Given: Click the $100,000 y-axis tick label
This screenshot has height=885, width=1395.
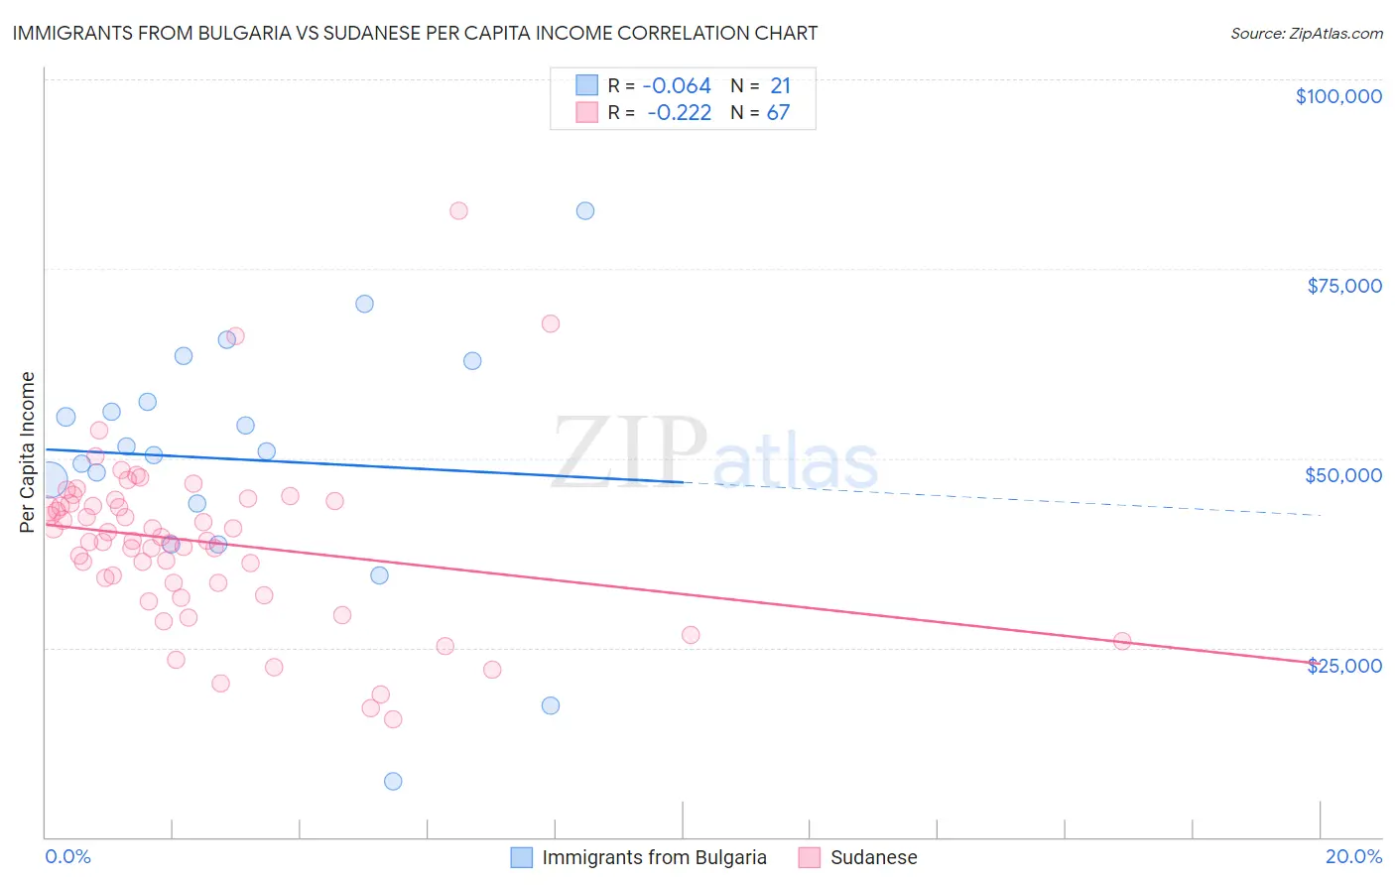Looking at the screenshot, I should click(1338, 96).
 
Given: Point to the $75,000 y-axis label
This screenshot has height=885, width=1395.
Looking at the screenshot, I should click(1344, 286).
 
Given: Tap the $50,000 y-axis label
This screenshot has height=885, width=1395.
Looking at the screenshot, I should click(1343, 475).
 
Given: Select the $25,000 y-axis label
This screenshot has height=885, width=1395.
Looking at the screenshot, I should click(1344, 666).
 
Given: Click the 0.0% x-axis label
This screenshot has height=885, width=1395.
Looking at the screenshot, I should click(68, 856).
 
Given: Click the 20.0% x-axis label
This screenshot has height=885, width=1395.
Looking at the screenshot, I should click(1353, 856).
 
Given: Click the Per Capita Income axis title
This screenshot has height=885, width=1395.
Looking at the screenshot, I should click(28, 451).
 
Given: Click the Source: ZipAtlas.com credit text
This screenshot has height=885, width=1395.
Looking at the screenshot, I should click(1306, 33).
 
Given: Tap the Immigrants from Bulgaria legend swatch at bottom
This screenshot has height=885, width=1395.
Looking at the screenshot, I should click(522, 857).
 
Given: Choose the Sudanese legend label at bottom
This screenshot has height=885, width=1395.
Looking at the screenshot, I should click(873, 857).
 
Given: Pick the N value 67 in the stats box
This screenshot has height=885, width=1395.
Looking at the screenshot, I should click(778, 113).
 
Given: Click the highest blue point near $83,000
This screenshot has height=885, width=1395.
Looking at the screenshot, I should click(585, 210).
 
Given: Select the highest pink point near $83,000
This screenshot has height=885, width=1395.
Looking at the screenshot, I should click(458, 210).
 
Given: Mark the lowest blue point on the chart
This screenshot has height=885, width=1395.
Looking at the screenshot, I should click(393, 781).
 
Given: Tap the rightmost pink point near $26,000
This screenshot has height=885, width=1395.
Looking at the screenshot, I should click(1122, 641).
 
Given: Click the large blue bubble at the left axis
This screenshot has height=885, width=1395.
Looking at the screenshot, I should click(49, 480).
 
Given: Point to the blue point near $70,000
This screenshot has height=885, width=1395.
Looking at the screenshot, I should click(364, 304).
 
